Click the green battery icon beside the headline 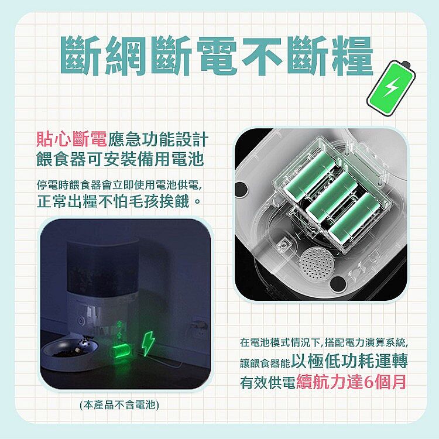point(391,87)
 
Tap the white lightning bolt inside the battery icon point(390,87)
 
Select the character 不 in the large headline point(263,56)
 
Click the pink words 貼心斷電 point(71,139)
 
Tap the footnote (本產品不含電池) point(119,405)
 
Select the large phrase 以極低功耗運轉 point(349,361)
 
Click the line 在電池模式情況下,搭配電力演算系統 point(324,342)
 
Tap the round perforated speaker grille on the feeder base point(317,263)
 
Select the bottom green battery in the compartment point(355,217)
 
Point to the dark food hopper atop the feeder point(102,269)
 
